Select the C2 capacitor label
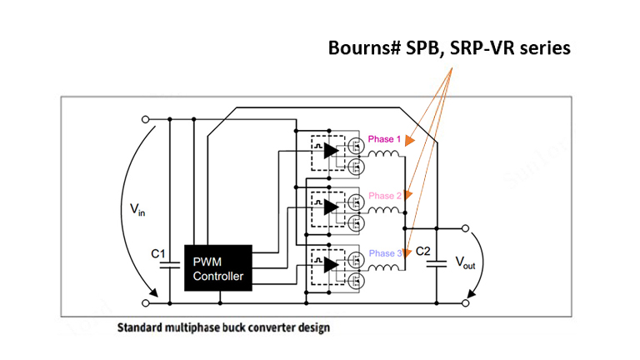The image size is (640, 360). [x=424, y=251]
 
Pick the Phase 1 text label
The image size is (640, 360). [x=384, y=139]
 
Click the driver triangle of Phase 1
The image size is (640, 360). [x=331, y=150]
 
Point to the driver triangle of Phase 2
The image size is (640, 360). [x=331, y=207]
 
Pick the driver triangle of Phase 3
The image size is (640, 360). [x=331, y=263]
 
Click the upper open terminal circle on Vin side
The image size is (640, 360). [x=148, y=119]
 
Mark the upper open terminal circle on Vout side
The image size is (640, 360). [x=466, y=227]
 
